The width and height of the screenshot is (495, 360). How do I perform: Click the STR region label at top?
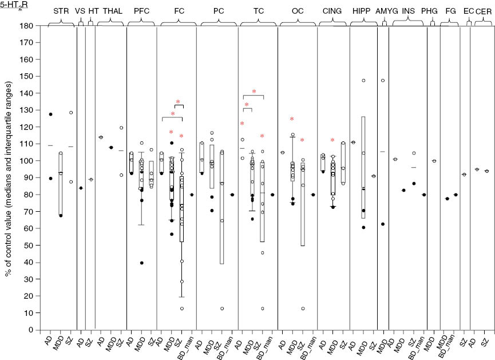pos(61,11)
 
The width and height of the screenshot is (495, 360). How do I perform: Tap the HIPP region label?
pos(361,11)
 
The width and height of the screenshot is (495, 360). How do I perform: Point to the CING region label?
pos(330,11)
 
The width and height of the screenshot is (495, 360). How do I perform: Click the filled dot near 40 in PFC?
pos(141,263)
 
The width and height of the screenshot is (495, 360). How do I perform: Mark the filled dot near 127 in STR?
pos(50,114)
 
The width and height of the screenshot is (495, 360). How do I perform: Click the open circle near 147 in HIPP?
pos(363,81)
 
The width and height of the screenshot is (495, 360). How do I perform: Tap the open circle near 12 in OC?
pos(303,309)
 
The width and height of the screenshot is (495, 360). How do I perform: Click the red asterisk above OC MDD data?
pos(292,119)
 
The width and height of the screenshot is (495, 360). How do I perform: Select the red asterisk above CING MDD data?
pos(332,140)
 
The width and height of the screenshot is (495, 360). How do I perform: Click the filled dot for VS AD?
pos(81,188)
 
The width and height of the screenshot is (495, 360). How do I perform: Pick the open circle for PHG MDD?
pos(434,161)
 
